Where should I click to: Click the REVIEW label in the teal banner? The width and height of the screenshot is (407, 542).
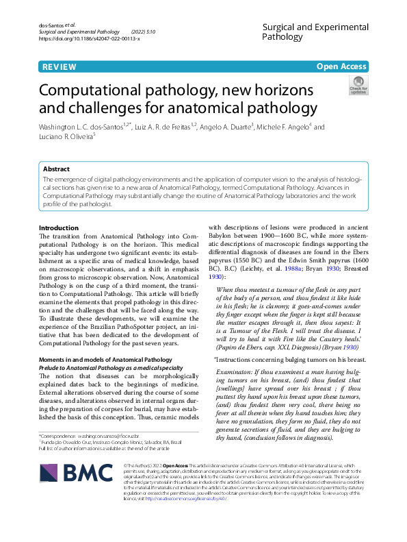pyautogui.click(x=58, y=66)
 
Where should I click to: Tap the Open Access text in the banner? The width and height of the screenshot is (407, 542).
pyautogui.click(x=342, y=66)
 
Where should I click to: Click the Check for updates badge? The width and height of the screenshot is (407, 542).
pyautogui.click(x=358, y=85)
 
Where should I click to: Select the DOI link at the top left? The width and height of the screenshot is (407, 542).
pyautogui.click(x=90, y=38)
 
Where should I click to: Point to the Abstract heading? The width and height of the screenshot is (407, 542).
pyautogui.click(x=56, y=169)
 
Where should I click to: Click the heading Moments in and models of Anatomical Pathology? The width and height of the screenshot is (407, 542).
pyautogui.click(x=105, y=358)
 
